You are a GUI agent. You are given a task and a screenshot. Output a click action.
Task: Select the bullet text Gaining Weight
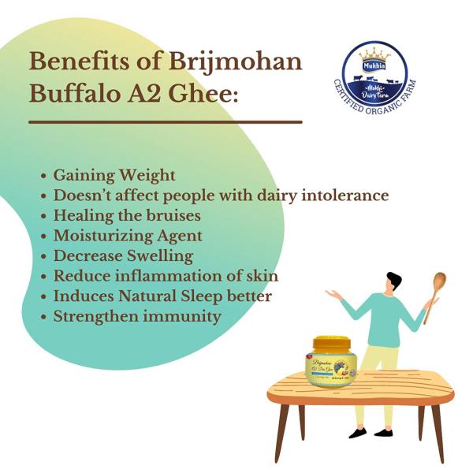click(x=114, y=175)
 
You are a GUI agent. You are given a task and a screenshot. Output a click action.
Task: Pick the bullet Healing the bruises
click(x=127, y=215)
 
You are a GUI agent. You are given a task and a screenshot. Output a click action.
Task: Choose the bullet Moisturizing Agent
click(x=128, y=236)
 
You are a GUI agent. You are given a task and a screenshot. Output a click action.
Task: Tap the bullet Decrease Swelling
click(x=123, y=256)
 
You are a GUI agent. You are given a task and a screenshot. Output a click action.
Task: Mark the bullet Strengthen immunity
click(x=136, y=317)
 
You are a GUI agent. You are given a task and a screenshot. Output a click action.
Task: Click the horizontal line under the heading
click(x=166, y=122)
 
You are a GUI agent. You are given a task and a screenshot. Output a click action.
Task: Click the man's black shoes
click(x=371, y=433)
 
